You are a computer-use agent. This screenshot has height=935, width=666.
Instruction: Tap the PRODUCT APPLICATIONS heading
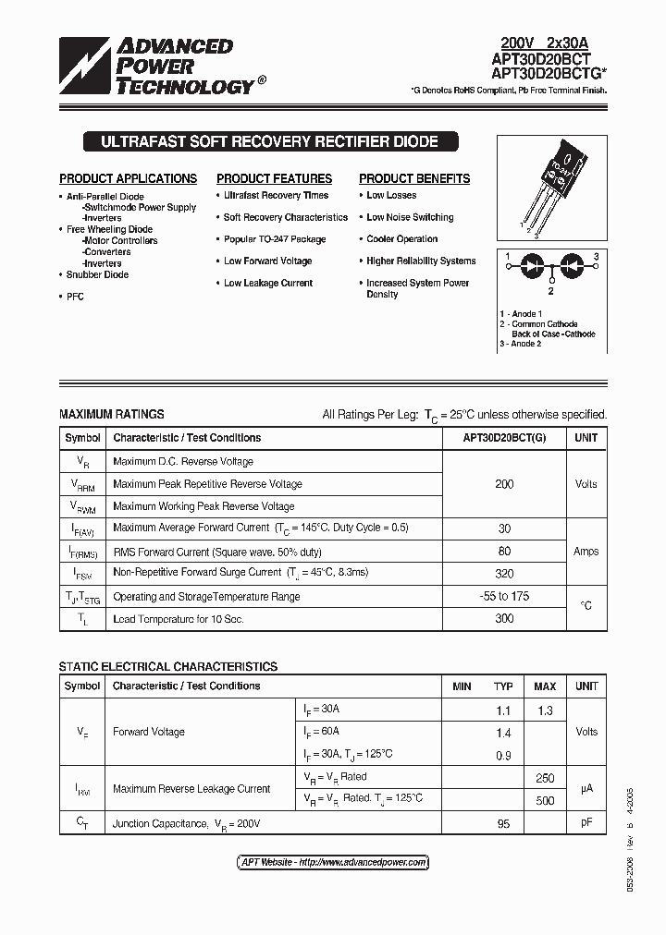[128, 178]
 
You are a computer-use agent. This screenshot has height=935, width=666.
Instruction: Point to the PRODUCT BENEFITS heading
[414, 178]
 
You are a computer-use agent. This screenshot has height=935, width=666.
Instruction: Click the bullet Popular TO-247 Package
[275, 239]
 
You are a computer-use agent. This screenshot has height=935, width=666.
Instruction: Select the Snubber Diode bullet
[97, 274]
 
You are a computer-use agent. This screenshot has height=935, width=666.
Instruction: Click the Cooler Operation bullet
[401, 239]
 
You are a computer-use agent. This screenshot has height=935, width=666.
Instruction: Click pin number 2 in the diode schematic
[550, 290]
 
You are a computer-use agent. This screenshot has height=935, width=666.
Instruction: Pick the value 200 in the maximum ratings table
[504, 484]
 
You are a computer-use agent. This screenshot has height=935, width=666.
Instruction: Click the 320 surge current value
[504, 573]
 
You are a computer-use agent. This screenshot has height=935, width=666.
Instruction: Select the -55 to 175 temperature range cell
[504, 596]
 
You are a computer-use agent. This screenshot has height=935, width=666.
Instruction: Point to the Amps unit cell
[586, 551]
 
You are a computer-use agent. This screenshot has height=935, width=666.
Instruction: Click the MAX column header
[545, 686]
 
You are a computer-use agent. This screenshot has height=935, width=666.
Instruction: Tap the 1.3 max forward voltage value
[545, 710]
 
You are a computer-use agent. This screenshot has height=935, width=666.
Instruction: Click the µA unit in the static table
[586, 789]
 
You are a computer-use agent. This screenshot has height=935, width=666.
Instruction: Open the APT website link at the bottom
[333, 862]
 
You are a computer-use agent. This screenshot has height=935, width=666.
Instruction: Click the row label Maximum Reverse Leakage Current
[191, 789]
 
